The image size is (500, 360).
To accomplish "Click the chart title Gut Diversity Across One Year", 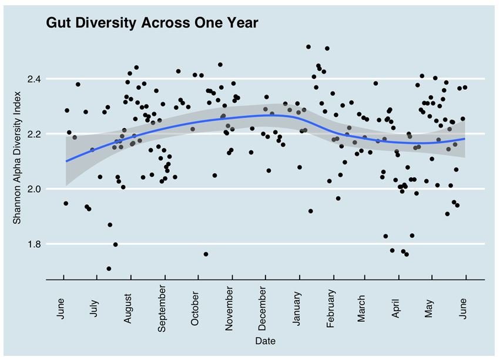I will coord(152,23).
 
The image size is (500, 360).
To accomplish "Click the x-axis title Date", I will coord(265,341).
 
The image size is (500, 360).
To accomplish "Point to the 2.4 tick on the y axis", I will coord(47,79).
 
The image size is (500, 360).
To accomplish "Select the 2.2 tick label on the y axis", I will coord(47,134).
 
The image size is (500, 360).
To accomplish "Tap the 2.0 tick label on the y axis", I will coord(47,189).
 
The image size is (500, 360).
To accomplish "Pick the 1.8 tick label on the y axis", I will coord(47,244).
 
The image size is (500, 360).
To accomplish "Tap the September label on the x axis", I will coord(162,314).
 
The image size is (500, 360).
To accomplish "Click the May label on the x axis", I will coord(430,304).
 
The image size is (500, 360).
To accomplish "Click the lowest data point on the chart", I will coord(109,268).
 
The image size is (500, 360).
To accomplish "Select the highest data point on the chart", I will coord(308,47).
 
